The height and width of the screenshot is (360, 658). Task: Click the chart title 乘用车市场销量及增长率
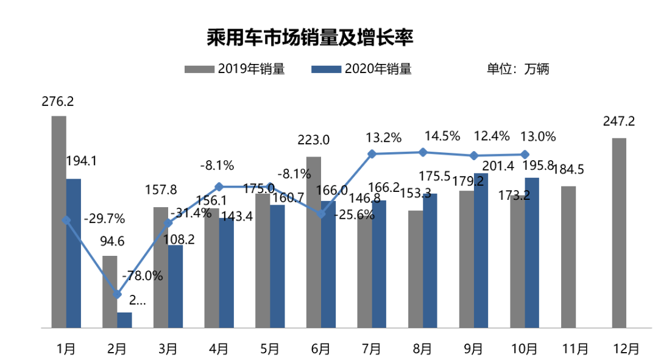pos(310,38)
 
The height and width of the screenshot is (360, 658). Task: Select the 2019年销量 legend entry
pos(235,69)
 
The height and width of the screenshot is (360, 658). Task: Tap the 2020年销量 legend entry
pos(361,69)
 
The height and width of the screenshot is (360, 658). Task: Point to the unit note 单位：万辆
pos(518,69)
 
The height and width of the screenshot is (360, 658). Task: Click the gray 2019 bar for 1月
pos(58,222)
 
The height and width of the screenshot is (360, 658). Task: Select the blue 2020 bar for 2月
pos(124,320)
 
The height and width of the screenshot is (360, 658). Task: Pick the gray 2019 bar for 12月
pos(618,233)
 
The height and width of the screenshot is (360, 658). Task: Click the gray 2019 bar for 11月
pos(568,256)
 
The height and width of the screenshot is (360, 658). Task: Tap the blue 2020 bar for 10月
pos(532,252)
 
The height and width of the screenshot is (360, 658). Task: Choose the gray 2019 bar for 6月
pos(313,242)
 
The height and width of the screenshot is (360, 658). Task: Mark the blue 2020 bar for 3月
pos(175,286)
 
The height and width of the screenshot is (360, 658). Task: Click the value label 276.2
pos(58,102)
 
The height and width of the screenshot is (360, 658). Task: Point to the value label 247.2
pos(618,121)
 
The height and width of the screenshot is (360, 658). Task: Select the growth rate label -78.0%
pos(143,275)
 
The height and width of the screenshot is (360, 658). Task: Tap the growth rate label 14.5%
pos(443,136)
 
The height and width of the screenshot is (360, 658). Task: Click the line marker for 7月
pos(372,154)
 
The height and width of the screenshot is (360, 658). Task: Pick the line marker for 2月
pos(117,294)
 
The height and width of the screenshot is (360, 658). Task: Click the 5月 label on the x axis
pos(270,349)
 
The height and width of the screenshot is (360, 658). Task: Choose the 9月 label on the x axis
pos(473,349)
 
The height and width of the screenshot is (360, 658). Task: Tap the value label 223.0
pos(313,140)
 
